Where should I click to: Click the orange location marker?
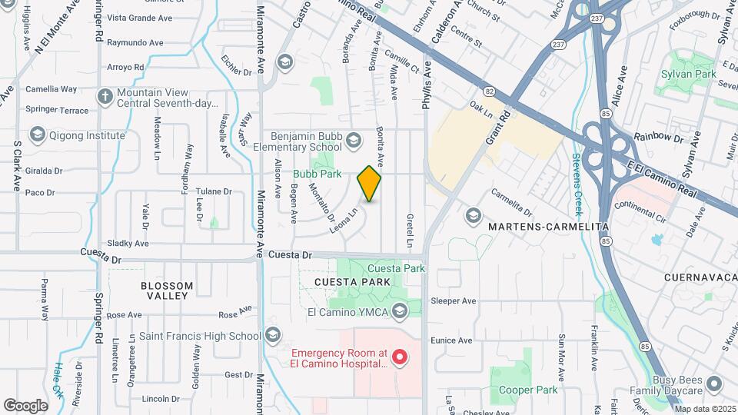(369, 184)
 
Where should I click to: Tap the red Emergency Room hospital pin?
(399, 357)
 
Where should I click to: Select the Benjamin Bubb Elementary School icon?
(353, 139)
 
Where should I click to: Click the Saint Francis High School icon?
(273, 335)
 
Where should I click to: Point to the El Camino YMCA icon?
(399, 311)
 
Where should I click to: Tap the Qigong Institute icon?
(36, 135)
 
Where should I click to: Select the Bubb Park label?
(317, 174)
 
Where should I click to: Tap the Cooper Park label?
(527, 390)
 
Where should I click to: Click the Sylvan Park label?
(689, 75)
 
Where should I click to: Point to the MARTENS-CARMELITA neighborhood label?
(549, 227)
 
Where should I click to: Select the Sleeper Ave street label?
(454, 300)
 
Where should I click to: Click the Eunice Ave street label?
(451, 340)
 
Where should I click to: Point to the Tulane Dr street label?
(214, 191)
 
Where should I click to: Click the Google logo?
(26, 405)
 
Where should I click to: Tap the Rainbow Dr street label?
(659, 139)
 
